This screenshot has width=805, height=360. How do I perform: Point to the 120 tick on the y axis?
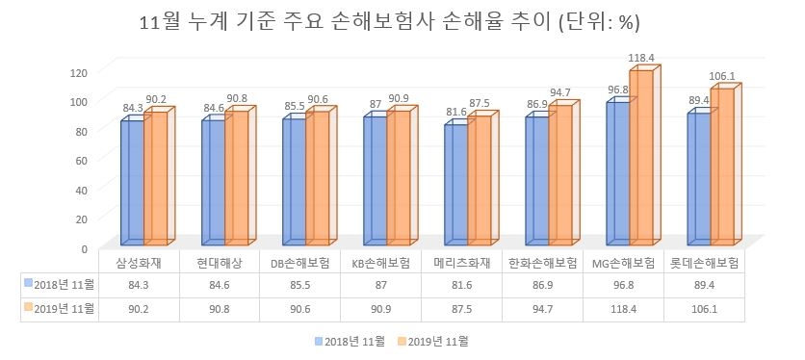[x=79, y=72]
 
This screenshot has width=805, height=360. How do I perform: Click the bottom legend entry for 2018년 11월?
[x=352, y=340]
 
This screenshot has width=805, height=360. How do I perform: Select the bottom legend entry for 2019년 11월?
[x=438, y=340]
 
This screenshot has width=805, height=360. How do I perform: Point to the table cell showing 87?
[x=381, y=285]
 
